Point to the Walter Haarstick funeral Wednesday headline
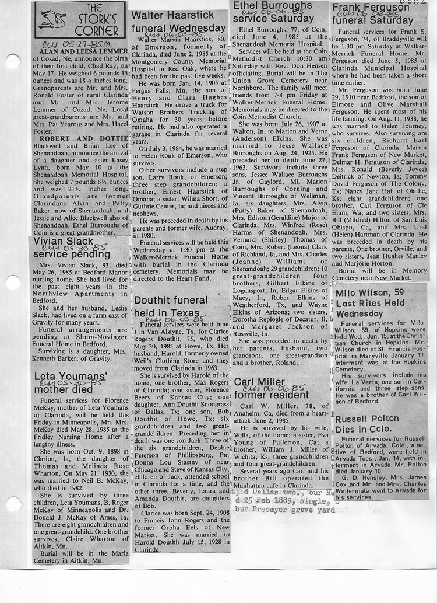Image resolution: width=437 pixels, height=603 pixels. [x=178, y=22]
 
